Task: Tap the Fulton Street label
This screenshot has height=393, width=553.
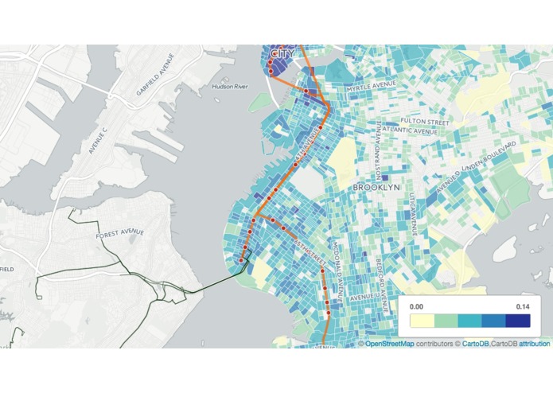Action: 426,123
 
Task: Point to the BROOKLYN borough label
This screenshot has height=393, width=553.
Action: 375,187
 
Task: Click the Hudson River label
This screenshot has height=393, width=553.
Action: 230,86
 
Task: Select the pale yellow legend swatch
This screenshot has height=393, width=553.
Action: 422,321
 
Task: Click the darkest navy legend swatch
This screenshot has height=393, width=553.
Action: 517,321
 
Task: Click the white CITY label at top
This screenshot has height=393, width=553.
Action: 282,53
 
